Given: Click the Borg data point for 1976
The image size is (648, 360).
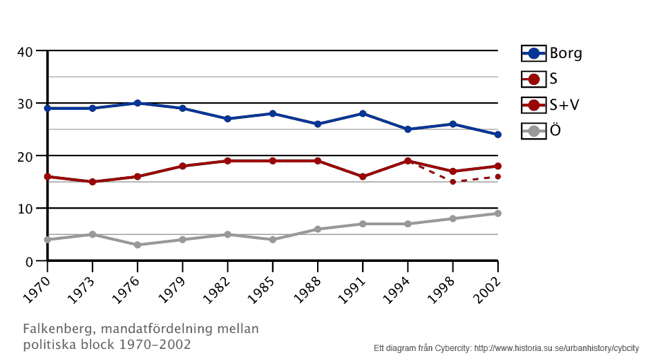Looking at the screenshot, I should coord(137,103).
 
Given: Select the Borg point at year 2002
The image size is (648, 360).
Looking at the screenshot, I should coord(497,134).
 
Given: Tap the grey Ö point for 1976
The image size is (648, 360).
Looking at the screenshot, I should coord(137,245).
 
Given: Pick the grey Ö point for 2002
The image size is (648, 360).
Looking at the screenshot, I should coord(497,214).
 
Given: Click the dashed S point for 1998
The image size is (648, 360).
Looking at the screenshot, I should coord(452,182).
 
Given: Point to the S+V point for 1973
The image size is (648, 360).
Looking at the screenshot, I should coord(93,182).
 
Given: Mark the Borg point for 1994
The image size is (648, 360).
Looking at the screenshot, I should coord(408,129).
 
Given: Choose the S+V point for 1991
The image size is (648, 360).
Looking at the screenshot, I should coord(363,177).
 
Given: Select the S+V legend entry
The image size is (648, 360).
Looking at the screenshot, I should coord(551,105).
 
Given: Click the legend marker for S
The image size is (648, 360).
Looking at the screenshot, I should coord(533,79).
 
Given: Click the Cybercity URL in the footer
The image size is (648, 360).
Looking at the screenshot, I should coord(556,348).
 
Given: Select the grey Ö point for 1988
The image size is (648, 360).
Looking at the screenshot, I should coord(318,229).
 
